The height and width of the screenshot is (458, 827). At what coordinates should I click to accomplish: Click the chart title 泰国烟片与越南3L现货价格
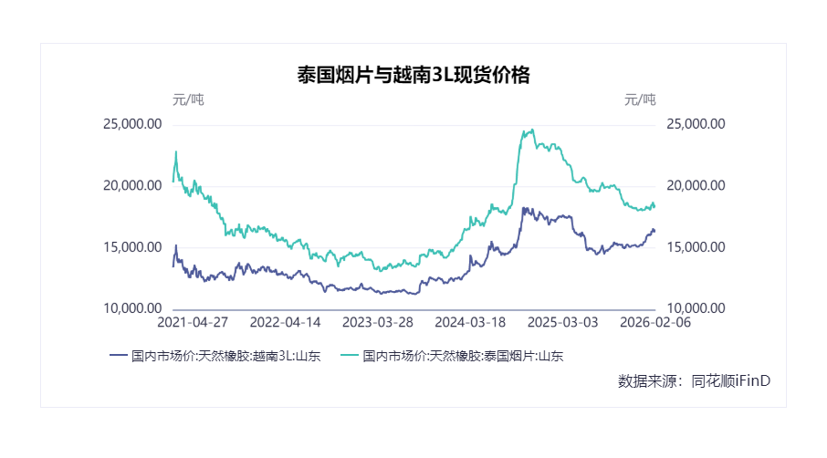pos(413,76)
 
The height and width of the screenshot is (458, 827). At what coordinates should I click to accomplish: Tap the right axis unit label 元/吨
pos(640,99)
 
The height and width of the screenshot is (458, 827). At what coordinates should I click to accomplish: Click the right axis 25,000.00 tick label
pos(696,124)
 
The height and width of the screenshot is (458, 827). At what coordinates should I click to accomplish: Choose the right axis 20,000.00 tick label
pos(696,185)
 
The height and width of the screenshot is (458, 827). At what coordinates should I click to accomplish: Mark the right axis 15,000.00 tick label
pos(696,247)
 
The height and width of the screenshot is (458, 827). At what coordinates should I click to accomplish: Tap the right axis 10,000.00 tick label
pos(696,308)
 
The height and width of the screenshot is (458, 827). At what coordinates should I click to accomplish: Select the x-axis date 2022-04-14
pos(285,323)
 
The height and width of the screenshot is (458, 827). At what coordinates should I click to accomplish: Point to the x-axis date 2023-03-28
pos(378,323)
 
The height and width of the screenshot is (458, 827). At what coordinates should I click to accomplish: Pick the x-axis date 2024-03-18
pos(470,323)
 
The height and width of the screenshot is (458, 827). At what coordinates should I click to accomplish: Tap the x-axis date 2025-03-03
pos(563,323)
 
